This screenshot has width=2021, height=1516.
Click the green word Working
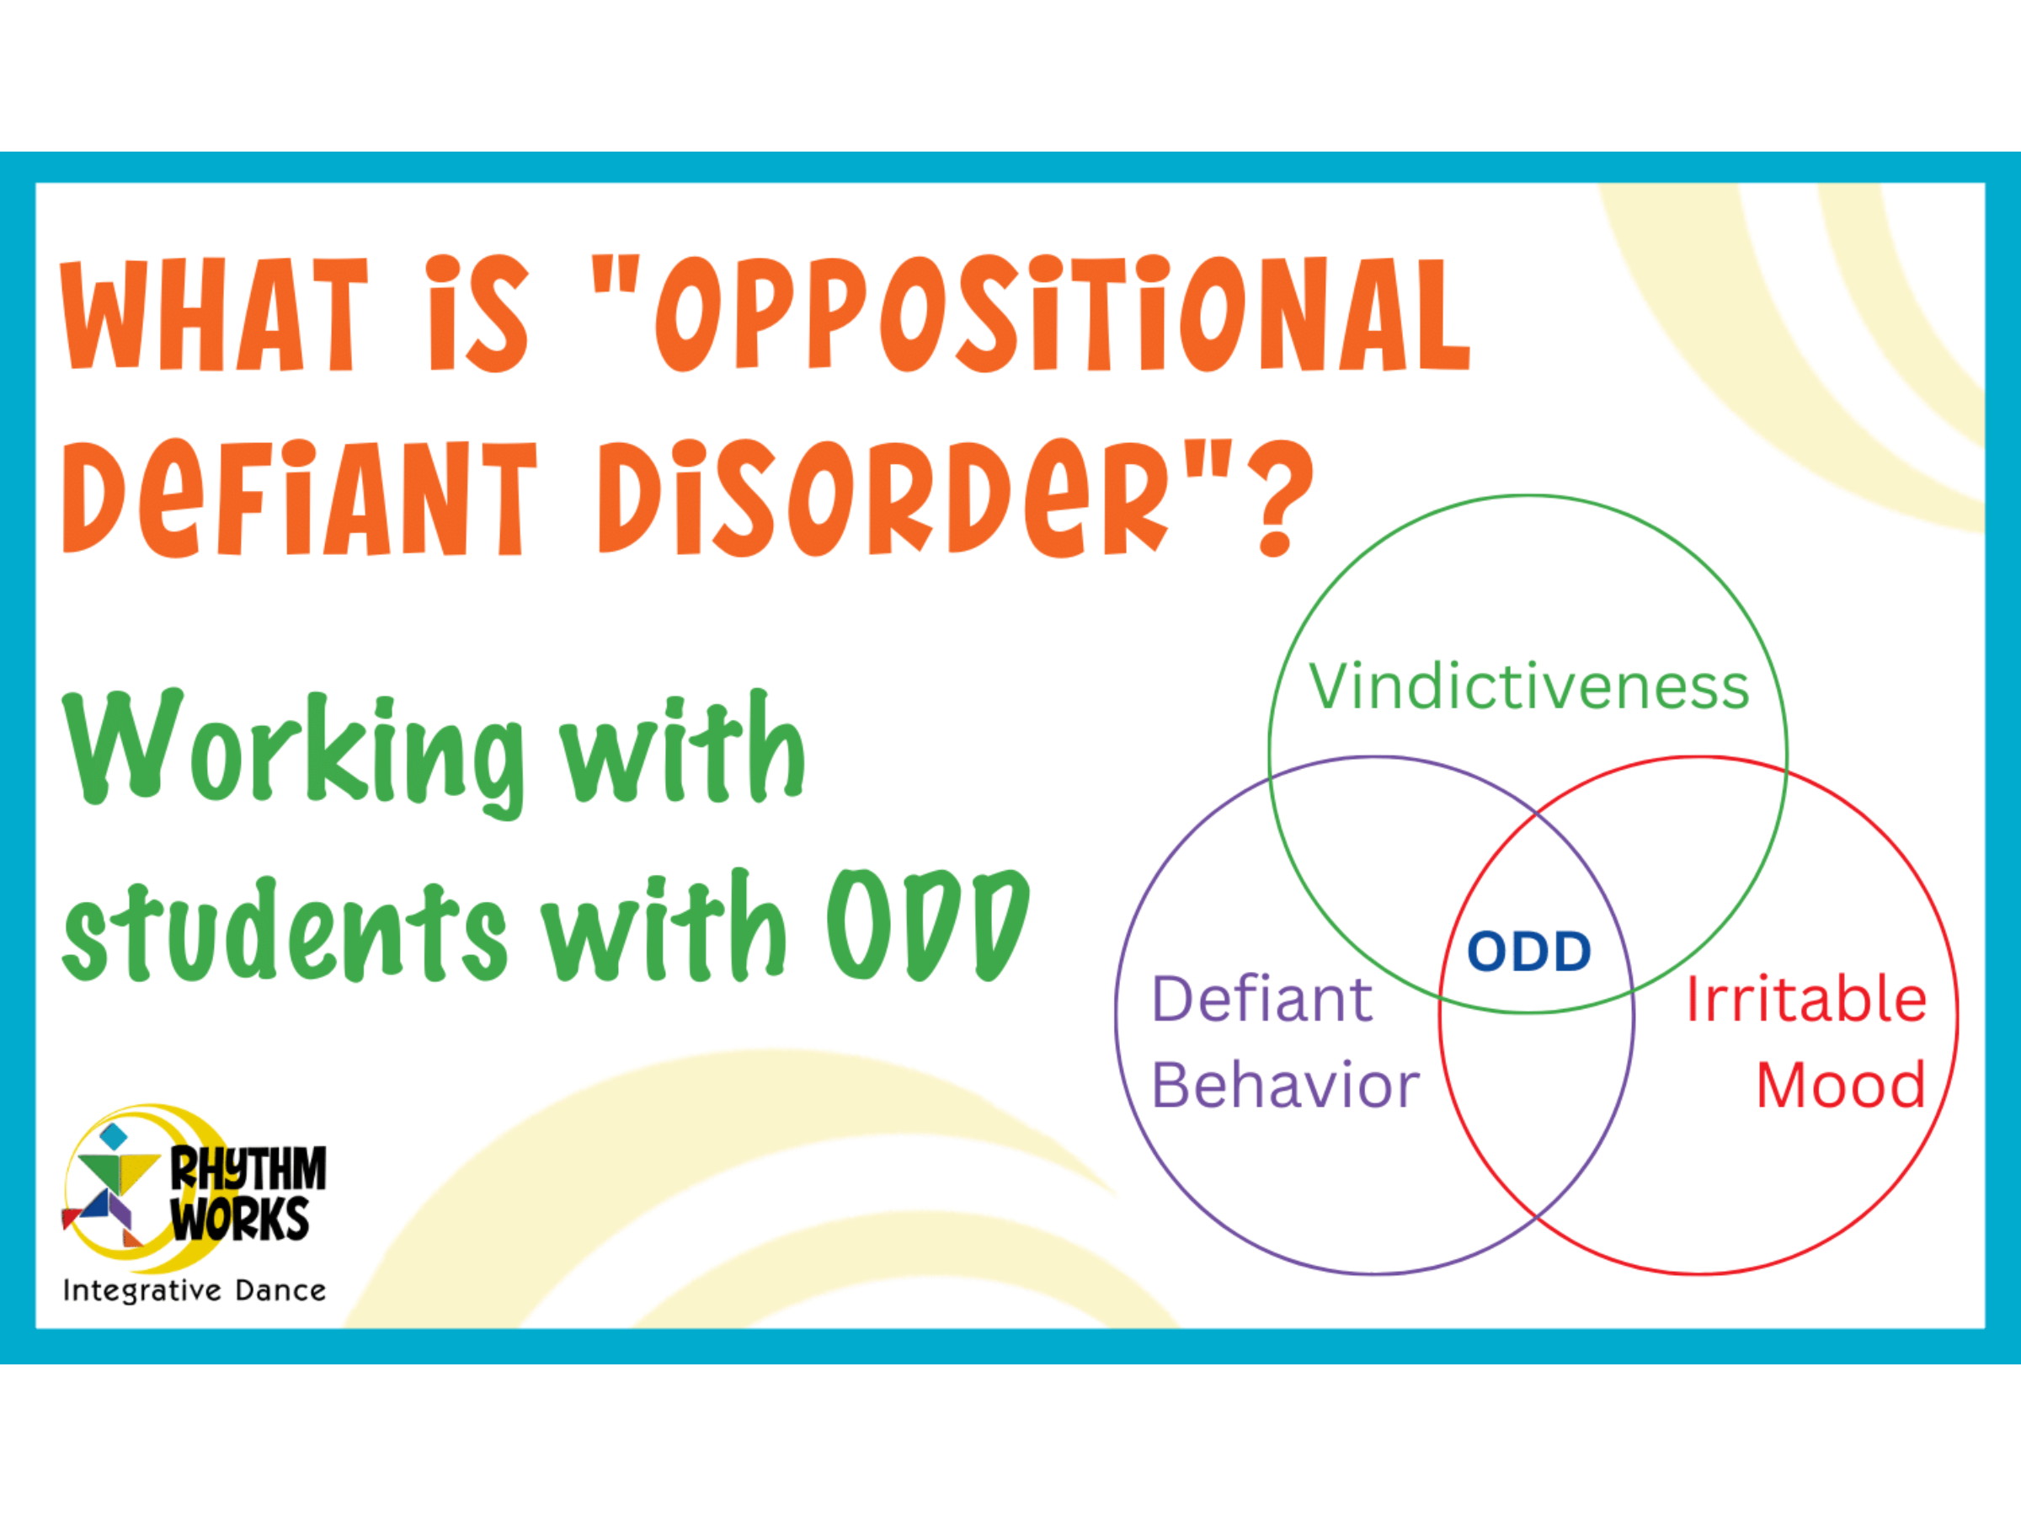pyautogui.click(x=294, y=754)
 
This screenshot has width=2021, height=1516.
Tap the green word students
pyautogui.click(x=284, y=931)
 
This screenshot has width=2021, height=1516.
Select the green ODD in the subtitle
pyautogui.click(x=928, y=925)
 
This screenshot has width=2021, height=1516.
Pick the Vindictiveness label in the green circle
pyautogui.click(x=1528, y=686)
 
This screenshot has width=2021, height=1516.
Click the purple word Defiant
pyautogui.click(x=1261, y=999)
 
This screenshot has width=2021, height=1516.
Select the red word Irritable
pyautogui.click(x=1806, y=999)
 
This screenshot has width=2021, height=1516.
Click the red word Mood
pyautogui.click(x=1840, y=1086)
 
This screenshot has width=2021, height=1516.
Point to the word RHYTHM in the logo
pyautogui.click(x=248, y=1169)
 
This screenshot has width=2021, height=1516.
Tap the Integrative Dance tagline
pyautogui.click(x=194, y=1290)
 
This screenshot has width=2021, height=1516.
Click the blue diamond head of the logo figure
pyautogui.click(x=114, y=1137)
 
